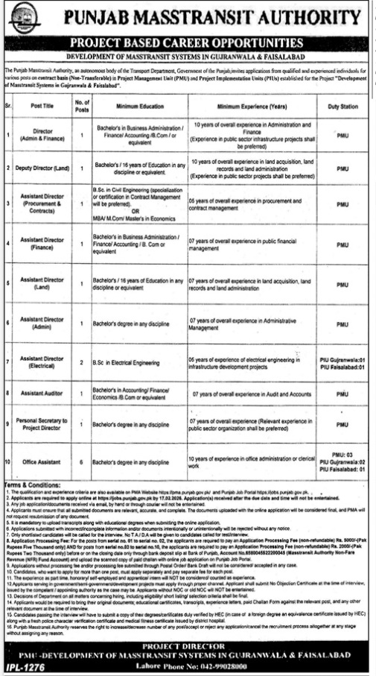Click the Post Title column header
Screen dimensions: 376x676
tap(45, 106)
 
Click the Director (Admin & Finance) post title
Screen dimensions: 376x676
tap(45, 136)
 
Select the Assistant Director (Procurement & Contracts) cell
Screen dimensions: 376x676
tap(45, 206)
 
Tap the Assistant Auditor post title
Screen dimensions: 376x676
tap(45, 393)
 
